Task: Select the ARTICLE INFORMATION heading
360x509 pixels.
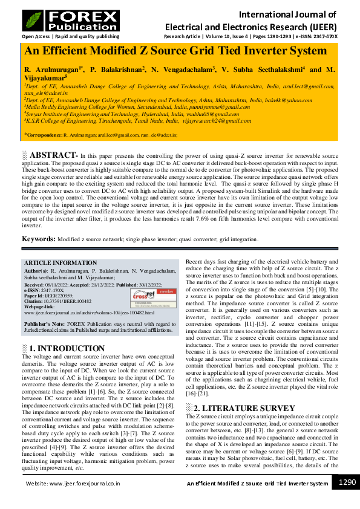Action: pos(60,263)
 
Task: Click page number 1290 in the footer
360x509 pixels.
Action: pos(347,482)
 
